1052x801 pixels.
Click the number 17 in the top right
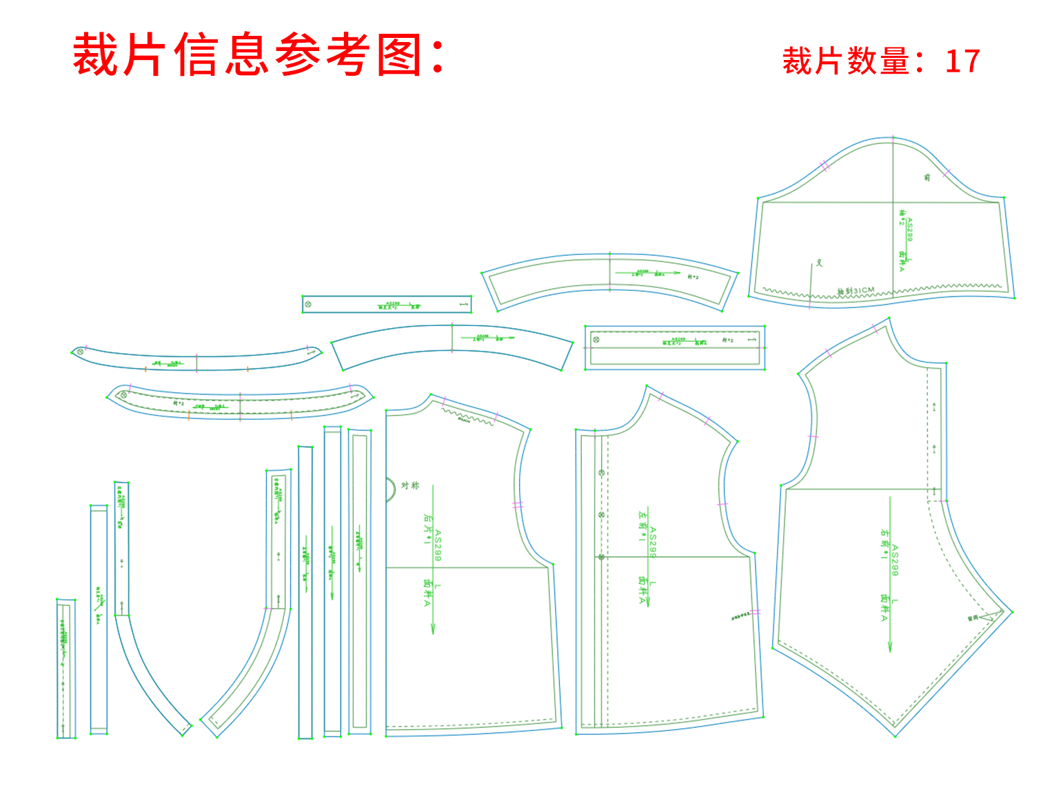tap(962, 61)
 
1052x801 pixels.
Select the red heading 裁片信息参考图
tap(259, 55)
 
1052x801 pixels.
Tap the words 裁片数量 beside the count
tap(846, 61)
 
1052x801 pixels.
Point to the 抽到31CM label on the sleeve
tap(856, 291)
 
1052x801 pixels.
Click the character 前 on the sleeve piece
tap(927, 177)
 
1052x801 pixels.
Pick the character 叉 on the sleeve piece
tap(820, 263)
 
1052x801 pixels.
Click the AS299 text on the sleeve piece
tap(909, 230)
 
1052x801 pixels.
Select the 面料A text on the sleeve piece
tap(902, 261)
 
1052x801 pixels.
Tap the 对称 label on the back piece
tap(410, 485)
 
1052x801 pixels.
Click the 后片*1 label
tap(427, 529)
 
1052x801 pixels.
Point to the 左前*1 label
tap(643, 526)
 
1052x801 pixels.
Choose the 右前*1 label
tap(884, 544)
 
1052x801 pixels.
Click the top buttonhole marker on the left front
tap(601, 474)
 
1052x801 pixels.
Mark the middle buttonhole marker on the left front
tap(601, 515)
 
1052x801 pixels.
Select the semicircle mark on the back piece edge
tap(391, 489)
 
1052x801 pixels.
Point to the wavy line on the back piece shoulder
tap(469, 416)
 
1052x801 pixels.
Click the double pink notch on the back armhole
tap(518, 505)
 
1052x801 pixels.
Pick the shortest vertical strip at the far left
tap(65, 669)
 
